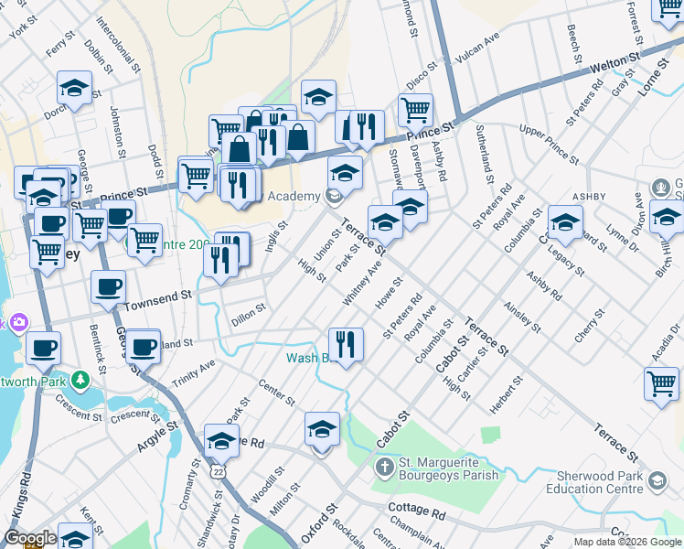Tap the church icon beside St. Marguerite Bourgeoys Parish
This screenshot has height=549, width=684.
click(384, 468)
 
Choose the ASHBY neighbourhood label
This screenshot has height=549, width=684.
click(590, 196)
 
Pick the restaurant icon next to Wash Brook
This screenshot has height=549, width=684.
click(346, 345)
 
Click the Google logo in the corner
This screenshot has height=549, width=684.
click(30, 538)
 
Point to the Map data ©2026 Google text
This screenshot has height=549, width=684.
click(626, 542)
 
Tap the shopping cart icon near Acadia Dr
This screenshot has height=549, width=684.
click(661, 382)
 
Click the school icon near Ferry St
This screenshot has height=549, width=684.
click(75, 88)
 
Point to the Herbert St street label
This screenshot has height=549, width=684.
click(507, 393)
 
